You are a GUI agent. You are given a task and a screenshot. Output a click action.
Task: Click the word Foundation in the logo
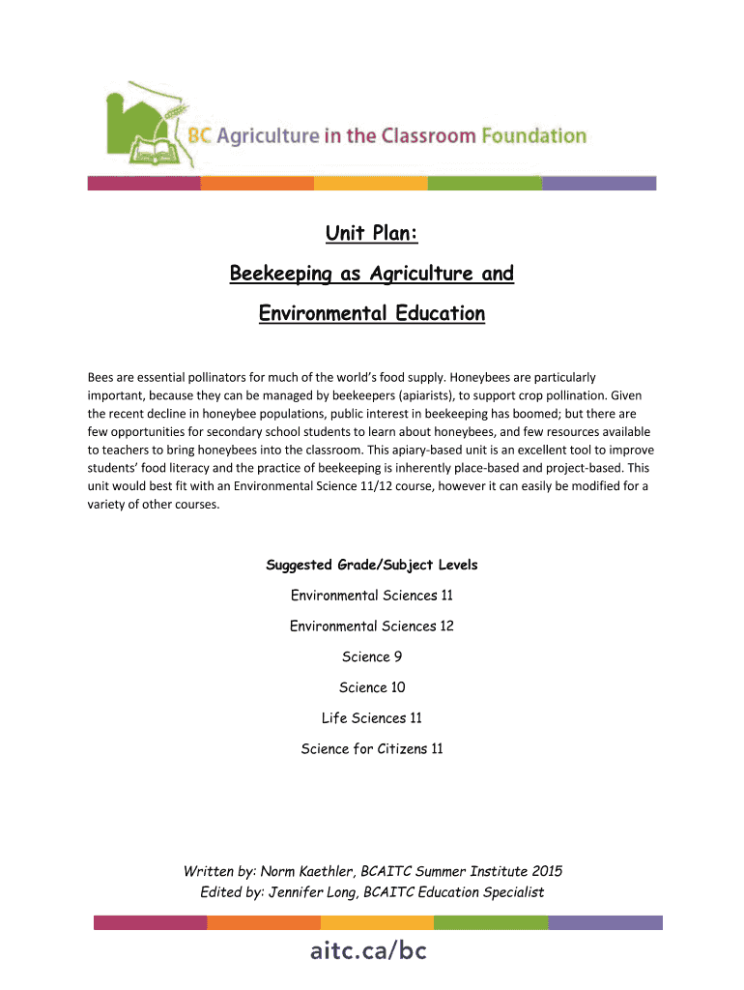coord(533,136)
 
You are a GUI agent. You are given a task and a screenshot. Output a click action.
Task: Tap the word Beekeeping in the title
coord(277,275)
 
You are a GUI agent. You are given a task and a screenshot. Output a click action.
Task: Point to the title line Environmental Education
coord(372,314)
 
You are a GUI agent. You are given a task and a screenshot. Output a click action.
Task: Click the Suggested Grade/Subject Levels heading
coord(372,565)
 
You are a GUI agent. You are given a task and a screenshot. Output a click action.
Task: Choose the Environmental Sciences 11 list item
coord(372,596)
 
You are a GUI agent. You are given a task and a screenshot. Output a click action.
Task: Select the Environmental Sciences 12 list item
coord(372,626)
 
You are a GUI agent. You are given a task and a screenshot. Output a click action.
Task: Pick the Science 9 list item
coord(372,657)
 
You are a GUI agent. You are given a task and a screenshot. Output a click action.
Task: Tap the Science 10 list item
coord(372,687)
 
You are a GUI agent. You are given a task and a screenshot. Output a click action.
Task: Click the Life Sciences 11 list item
coord(372,718)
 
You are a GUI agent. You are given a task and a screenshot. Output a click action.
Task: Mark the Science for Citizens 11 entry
coord(372,749)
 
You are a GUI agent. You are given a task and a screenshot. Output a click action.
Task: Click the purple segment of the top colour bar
coord(599,183)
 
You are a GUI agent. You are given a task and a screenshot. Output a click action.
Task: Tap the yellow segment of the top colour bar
coord(371,183)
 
